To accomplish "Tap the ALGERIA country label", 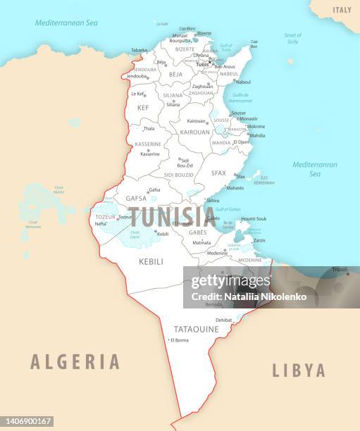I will point(75,362).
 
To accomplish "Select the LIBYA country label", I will point(299,370).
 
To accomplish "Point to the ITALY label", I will point(342,10).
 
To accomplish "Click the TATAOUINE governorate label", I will point(196,329).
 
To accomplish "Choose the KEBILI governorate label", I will point(151,261).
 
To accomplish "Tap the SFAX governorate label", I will point(218,173).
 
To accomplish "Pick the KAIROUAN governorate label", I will point(195,132).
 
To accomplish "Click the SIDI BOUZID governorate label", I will point(178,174).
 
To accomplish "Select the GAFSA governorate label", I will point(136,199).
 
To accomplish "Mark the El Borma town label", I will point(180,340).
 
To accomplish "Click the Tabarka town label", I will point(139,50).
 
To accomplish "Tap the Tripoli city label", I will point(340,269).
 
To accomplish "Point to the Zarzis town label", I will point(259,240).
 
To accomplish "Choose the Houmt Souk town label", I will point(254,218).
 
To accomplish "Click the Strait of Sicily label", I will point(292,38).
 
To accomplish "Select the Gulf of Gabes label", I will point(228,209).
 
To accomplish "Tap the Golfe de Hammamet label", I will point(241,97).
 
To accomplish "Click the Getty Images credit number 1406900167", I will point(27,421).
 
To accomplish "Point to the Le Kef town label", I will point(137,93).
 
